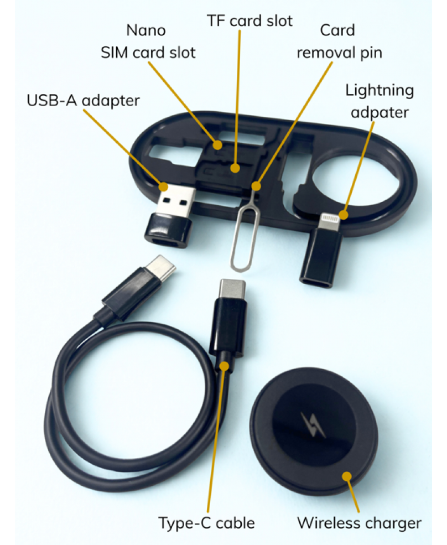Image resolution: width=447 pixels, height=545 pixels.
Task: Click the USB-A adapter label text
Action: click(83, 101)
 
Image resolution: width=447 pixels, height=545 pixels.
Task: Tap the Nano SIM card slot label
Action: click(148, 43)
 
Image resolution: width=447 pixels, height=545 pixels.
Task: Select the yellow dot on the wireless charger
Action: click(347, 476)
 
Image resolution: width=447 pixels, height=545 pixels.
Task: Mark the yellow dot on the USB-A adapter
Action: click(164, 186)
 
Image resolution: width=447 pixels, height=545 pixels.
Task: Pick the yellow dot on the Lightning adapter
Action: click(344, 215)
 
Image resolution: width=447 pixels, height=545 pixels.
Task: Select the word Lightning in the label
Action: click(380, 90)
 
